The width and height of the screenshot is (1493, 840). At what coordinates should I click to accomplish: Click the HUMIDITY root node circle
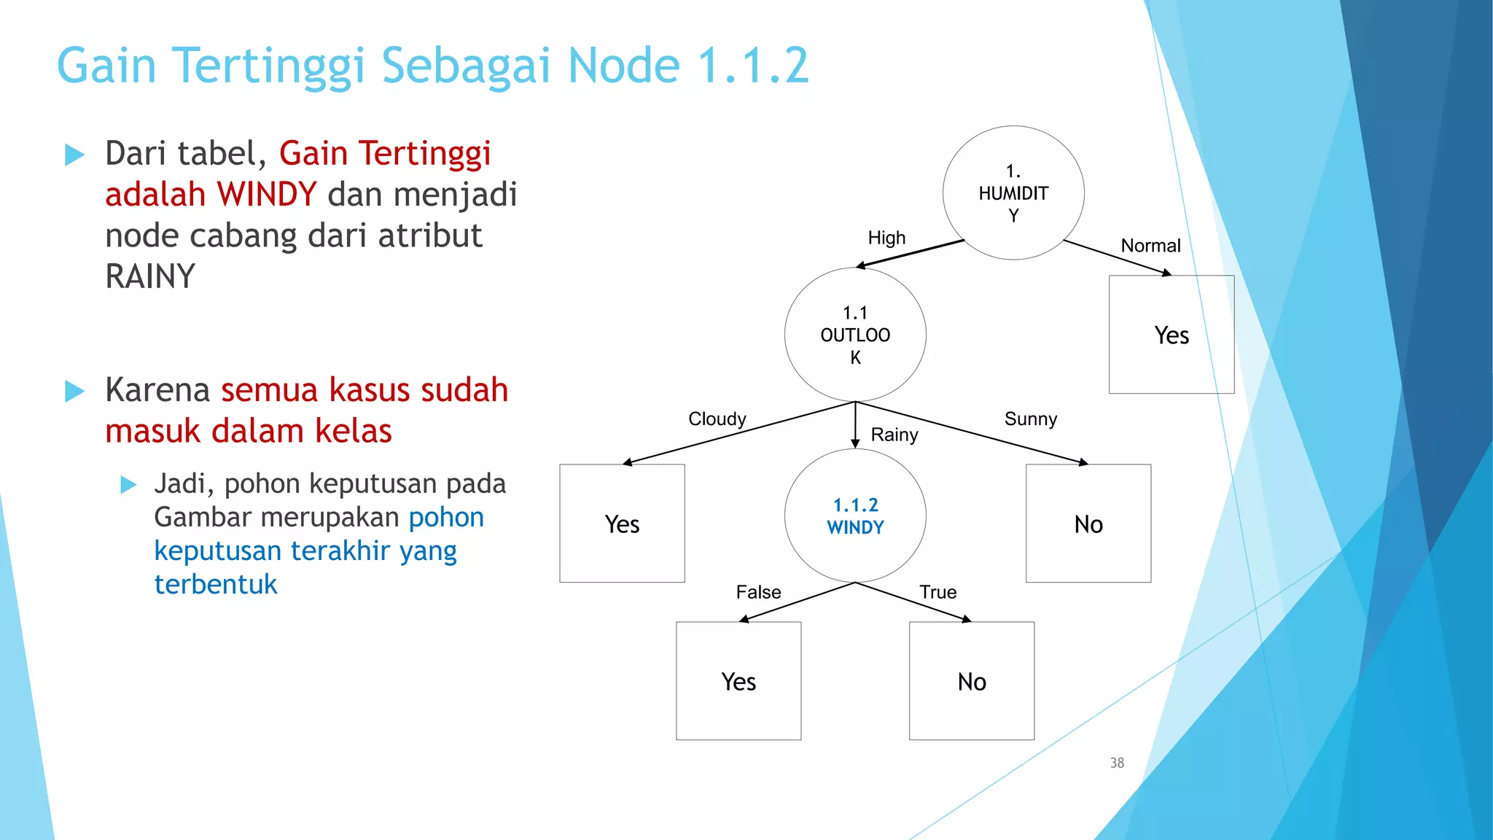click(x=1013, y=193)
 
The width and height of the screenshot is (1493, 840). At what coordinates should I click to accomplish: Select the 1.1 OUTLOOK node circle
click(x=855, y=335)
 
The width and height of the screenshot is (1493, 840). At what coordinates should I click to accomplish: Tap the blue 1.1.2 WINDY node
click(x=855, y=516)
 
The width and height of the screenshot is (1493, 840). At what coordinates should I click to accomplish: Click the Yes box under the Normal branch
click(x=1171, y=335)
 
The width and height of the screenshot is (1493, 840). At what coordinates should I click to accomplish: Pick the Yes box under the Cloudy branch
click(x=622, y=524)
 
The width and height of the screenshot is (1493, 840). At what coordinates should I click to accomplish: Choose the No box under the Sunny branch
click(x=1088, y=524)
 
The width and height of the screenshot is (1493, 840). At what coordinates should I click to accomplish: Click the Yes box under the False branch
click(x=738, y=681)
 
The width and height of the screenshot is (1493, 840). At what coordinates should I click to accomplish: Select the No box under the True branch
click(x=971, y=681)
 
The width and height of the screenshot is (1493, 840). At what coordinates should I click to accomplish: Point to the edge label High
click(x=886, y=238)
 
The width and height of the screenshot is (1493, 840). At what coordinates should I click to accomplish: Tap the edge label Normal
click(x=1150, y=246)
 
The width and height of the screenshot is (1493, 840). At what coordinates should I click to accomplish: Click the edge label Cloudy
click(x=717, y=419)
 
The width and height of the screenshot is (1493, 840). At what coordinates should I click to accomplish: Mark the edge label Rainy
click(x=894, y=435)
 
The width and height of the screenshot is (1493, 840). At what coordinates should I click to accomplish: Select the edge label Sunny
click(x=1030, y=419)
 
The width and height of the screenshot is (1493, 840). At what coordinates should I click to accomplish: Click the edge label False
click(x=758, y=592)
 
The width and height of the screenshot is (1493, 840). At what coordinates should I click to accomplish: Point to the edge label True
click(x=937, y=592)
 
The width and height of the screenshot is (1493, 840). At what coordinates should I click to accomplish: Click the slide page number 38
click(x=1117, y=763)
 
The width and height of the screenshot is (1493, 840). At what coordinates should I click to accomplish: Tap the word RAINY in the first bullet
click(x=150, y=277)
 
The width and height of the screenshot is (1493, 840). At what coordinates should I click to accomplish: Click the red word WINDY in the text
click(x=267, y=195)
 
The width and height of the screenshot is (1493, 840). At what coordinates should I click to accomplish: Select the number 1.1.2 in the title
click(x=753, y=66)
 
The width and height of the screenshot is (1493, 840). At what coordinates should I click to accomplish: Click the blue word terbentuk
click(x=216, y=584)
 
